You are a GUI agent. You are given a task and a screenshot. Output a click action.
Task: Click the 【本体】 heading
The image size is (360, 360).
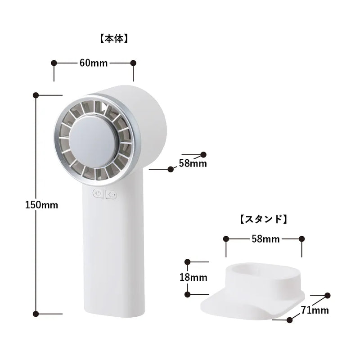[114, 39]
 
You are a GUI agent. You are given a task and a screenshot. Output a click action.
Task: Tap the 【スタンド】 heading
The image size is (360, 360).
[264, 219]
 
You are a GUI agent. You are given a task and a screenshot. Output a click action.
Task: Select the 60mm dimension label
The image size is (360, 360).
[94, 63]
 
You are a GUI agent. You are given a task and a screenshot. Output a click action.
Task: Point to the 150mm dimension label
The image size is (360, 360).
[41, 205]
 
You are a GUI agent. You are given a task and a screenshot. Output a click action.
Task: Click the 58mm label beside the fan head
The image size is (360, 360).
[193, 163]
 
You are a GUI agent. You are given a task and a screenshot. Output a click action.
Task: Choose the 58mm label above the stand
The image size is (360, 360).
[265, 239]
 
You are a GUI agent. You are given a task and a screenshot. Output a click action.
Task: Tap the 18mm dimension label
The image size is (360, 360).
[193, 277]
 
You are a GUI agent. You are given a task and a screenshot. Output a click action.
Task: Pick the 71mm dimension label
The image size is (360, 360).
[315, 310]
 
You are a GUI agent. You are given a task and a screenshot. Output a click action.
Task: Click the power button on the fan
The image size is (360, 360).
[98, 193]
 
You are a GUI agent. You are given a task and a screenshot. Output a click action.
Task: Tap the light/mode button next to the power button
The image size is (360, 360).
[111, 195]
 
